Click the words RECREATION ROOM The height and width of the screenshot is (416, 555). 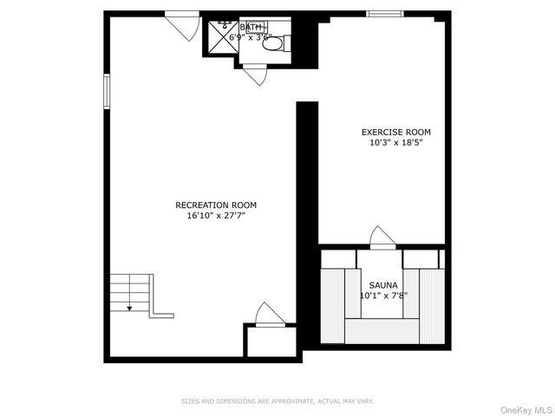[x=216, y=205]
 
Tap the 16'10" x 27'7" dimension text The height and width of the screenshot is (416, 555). [x=216, y=216]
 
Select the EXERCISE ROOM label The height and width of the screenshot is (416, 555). [x=395, y=133]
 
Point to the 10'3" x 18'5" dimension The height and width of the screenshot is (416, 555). [x=395, y=143]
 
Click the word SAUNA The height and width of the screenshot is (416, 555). [x=383, y=285]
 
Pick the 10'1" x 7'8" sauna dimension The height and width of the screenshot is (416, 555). [x=383, y=296]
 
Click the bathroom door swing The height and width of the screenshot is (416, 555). [x=255, y=75]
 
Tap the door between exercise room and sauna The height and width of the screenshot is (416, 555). [x=382, y=237]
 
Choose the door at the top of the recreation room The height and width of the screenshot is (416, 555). [x=183, y=25]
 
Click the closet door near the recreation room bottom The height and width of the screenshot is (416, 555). [x=269, y=315]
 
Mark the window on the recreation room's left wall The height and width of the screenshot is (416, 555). [x=108, y=90]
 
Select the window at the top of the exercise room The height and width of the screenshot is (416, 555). [x=384, y=14]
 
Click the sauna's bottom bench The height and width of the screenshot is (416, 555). [x=382, y=331]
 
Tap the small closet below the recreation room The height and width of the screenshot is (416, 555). [x=271, y=341]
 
